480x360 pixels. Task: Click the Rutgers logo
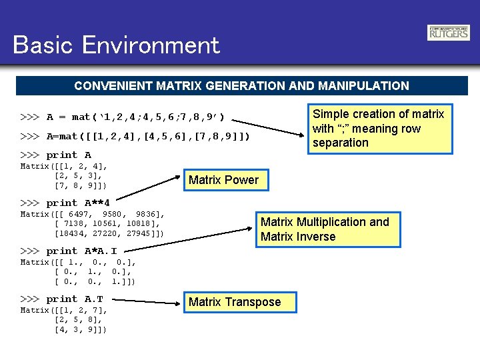[448, 33]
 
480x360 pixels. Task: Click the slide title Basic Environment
[116, 45]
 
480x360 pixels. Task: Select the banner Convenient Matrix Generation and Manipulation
[241, 86]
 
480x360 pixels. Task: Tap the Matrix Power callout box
[223, 180]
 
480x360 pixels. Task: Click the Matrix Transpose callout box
[235, 302]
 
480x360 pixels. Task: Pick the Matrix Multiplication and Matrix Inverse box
[328, 229]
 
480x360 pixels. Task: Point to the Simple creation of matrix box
[379, 128]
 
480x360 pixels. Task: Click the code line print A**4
[65, 203]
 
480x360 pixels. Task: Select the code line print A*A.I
[69, 251]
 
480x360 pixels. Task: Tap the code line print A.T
[62, 299]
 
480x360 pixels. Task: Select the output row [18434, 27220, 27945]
[109, 234]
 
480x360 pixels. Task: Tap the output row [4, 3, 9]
[80, 329]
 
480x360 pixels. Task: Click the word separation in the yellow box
[341, 143]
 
